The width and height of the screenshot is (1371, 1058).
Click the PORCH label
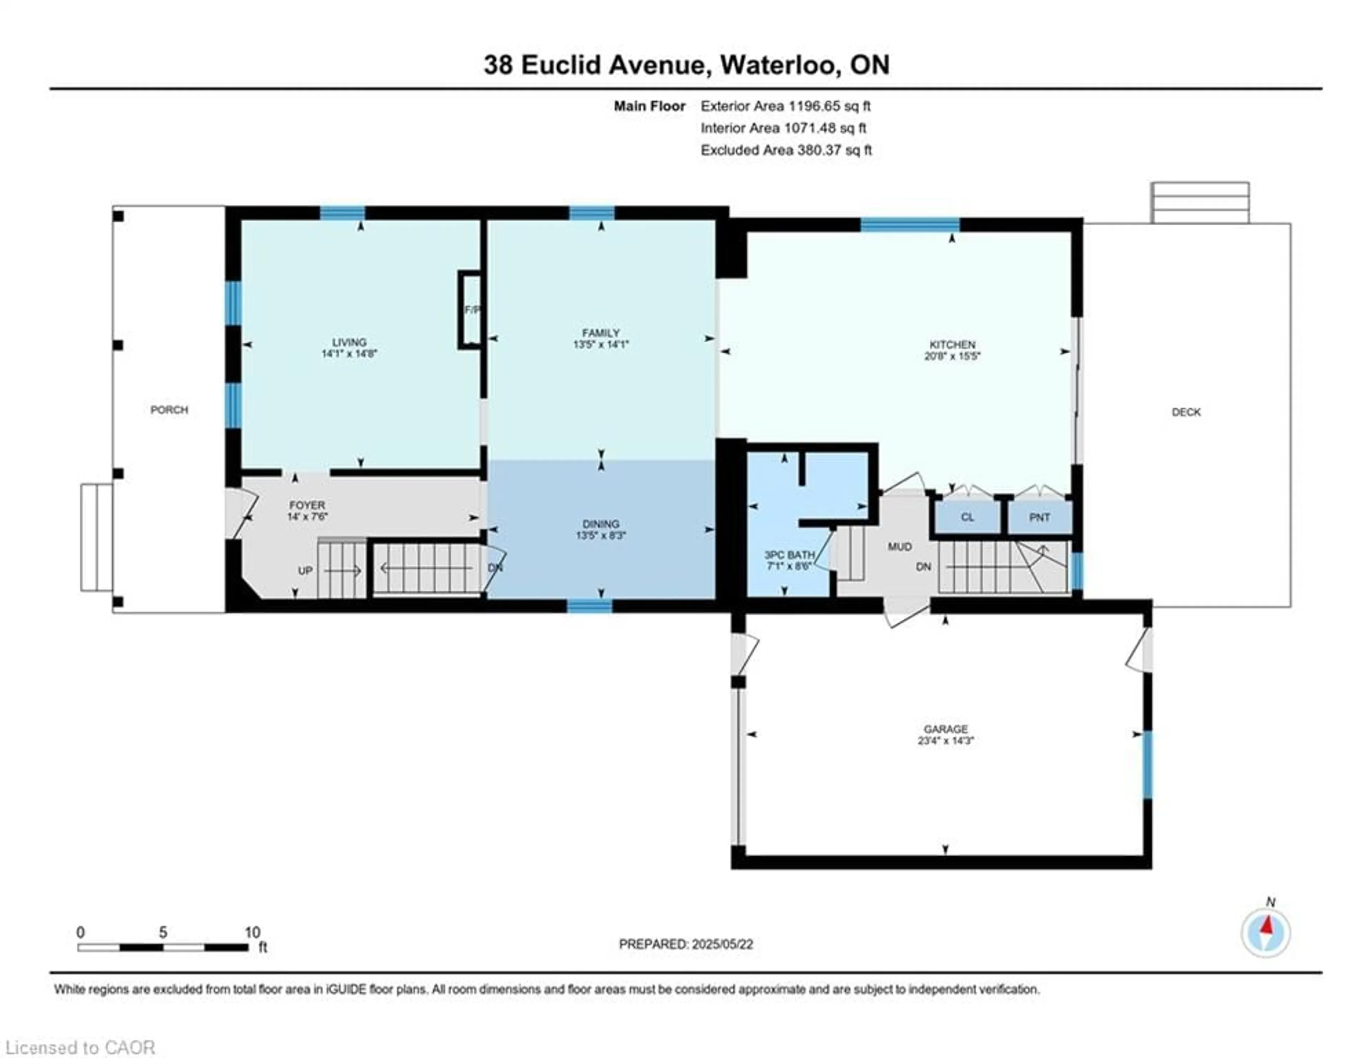click(x=169, y=410)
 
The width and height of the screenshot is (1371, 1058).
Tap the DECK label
click(x=1186, y=412)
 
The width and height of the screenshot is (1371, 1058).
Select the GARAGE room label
click(x=945, y=729)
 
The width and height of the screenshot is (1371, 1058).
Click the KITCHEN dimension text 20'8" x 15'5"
click(x=952, y=356)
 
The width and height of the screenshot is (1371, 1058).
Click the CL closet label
click(x=967, y=517)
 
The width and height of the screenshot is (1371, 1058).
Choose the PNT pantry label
click(x=1040, y=517)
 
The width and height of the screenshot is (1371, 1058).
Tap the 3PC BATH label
click(x=789, y=555)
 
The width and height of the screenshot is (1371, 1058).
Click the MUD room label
click(x=900, y=546)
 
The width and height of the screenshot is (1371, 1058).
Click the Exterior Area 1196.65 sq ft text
click(x=785, y=106)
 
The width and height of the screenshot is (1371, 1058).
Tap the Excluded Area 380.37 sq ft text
click(x=786, y=150)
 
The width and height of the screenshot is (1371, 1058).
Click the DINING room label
click(x=601, y=524)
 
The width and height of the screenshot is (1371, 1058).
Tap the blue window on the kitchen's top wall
click(x=910, y=225)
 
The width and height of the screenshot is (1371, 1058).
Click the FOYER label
click(x=307, y=505)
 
